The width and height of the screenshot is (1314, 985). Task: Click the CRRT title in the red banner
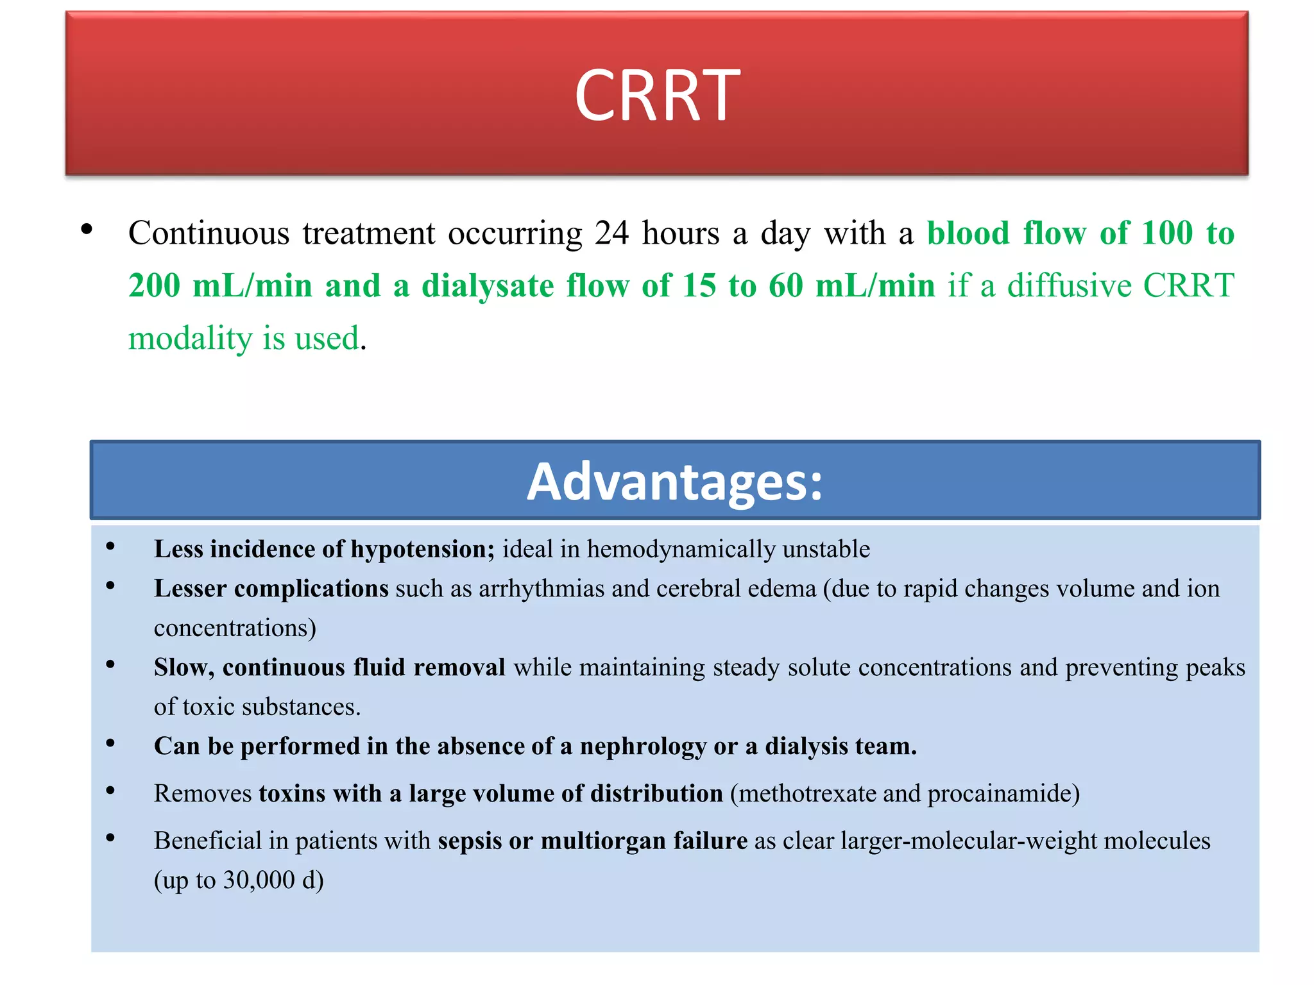[657, 96]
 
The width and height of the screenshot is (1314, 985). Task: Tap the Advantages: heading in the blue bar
[674, 482]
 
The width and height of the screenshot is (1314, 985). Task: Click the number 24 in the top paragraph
[611, 233]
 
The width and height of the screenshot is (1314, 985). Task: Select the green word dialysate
[488, 286]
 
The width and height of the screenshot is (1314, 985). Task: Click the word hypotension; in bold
[422, 550]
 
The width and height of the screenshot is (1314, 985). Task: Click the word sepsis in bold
[470, 841]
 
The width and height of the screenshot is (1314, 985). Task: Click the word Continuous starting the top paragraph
[209, 233]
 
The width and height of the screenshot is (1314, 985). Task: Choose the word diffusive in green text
[1069, 286]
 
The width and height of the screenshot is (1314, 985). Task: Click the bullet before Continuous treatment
[87, 230]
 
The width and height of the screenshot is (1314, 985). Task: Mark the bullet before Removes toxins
[110, 791]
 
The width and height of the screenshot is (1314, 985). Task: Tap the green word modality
[189, 339]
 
